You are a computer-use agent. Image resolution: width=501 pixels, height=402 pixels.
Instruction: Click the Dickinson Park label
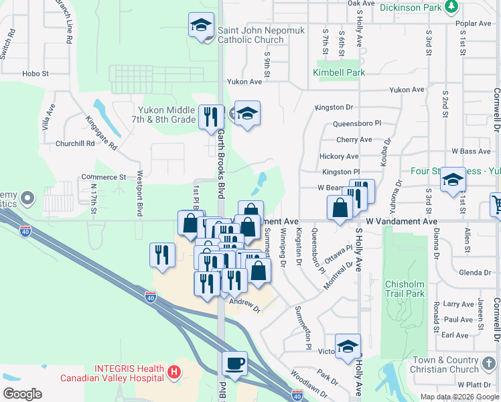(x=412, y=8)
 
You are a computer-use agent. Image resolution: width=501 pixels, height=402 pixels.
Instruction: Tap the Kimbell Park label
(x=333, y=72)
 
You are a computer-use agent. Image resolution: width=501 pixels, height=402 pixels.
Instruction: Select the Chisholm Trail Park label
(x=405, y=289)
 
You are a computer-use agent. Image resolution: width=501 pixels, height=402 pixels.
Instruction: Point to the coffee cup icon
(x=234, y=364)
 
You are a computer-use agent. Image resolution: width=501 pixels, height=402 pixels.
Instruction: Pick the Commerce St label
(x=104, y=178)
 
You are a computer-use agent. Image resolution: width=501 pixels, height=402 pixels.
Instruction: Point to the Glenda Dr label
(x=476, y=273)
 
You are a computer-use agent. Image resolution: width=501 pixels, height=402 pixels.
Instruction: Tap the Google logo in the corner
(x=22, y=393)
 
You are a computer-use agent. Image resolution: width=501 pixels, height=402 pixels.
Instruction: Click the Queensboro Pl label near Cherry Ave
(x=359, y=123)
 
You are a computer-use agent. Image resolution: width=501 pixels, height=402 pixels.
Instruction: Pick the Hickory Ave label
(x=338, y=156)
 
